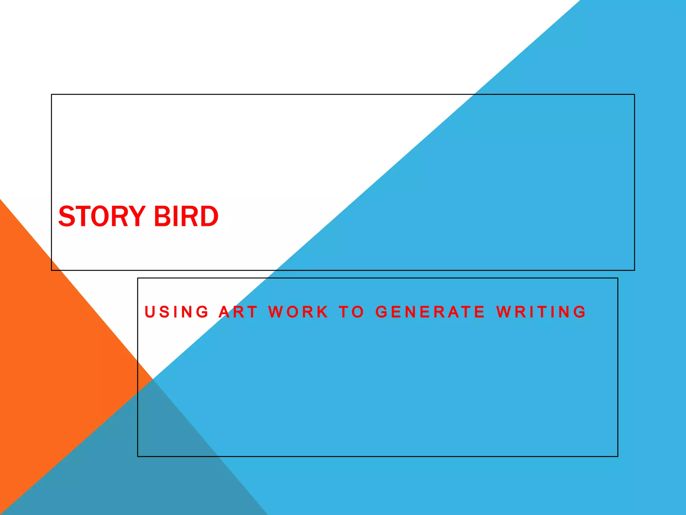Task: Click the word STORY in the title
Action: tap(102, 216)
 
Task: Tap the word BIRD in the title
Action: tap(186, 216)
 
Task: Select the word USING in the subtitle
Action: tap(177, 312)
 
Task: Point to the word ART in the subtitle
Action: tap(238, 312)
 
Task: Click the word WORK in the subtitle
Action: tap(298, 312)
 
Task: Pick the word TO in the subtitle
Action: tap(351, 312)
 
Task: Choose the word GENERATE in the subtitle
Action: tap(430, 312)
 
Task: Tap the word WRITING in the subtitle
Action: tap(541, 312)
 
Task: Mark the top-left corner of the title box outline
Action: tap(52, 95)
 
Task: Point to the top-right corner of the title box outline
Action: tap(634, 95)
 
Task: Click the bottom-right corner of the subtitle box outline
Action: tap(618, 456)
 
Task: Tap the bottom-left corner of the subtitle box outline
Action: tap(138, 456)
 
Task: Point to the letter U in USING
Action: tap(149, 312)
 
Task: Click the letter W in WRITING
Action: tap(504, 312)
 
